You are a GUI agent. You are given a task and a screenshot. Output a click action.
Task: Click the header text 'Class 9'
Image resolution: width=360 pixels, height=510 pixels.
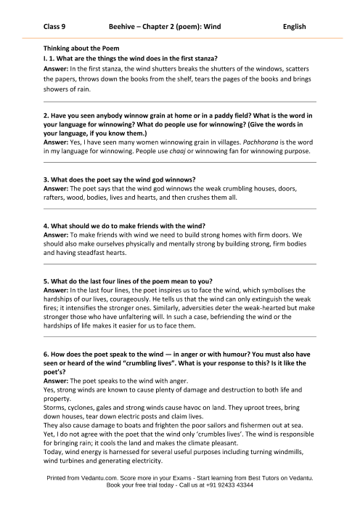click(56, 25)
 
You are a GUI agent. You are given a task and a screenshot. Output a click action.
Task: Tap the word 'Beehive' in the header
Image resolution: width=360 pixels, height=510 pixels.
click(128, 25)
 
